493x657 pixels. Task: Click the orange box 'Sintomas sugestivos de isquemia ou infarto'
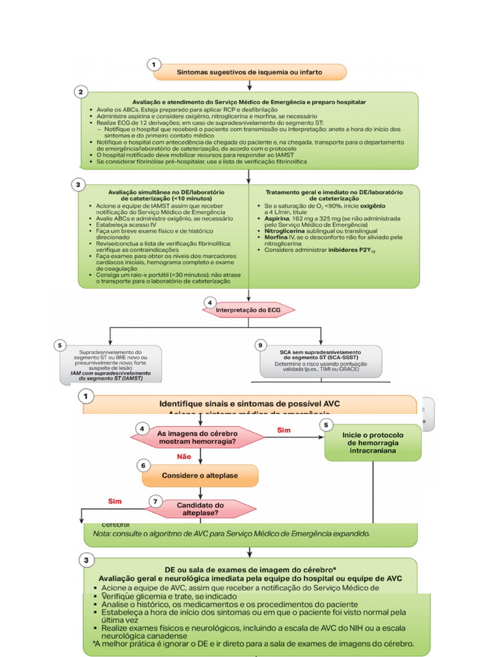250,71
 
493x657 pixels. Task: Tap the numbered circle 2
80,92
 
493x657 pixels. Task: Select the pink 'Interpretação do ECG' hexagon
249,309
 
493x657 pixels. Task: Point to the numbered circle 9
261,345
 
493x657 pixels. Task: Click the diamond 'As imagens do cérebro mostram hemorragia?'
197,438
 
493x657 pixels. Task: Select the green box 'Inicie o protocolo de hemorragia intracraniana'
372,441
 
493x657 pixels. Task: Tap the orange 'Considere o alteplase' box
200,476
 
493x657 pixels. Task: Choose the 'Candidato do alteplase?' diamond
200,509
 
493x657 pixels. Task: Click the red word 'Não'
185,457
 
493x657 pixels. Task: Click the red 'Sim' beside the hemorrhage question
283,430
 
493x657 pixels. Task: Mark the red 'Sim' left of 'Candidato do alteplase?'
116,501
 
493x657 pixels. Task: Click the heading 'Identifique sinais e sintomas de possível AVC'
250,404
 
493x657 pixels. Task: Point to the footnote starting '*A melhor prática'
252,644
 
